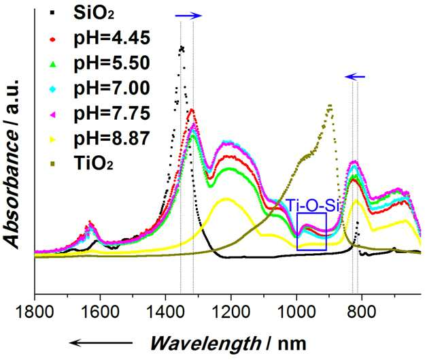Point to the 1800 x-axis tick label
point(35,312)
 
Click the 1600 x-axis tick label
point(100,312)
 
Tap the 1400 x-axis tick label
point(165,312)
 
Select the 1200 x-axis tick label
point(230,312)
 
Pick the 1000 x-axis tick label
point(296,312)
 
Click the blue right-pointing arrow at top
point(188,16)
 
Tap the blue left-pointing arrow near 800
point(355,77)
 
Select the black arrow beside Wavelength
point(101,343)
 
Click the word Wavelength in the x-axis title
point(205,344)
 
